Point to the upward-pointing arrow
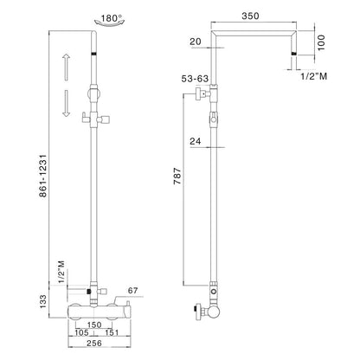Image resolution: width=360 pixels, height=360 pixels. coord(67,67)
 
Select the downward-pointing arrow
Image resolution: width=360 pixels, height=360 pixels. coord(67,103)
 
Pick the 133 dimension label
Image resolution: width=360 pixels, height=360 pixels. coord(42,302)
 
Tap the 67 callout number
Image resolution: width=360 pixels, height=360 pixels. coord(132,291)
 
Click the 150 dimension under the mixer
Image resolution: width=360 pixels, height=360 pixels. coord(94,325)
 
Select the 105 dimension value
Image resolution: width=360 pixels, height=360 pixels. coord(81,332)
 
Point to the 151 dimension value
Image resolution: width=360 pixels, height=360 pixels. coord(112,332)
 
